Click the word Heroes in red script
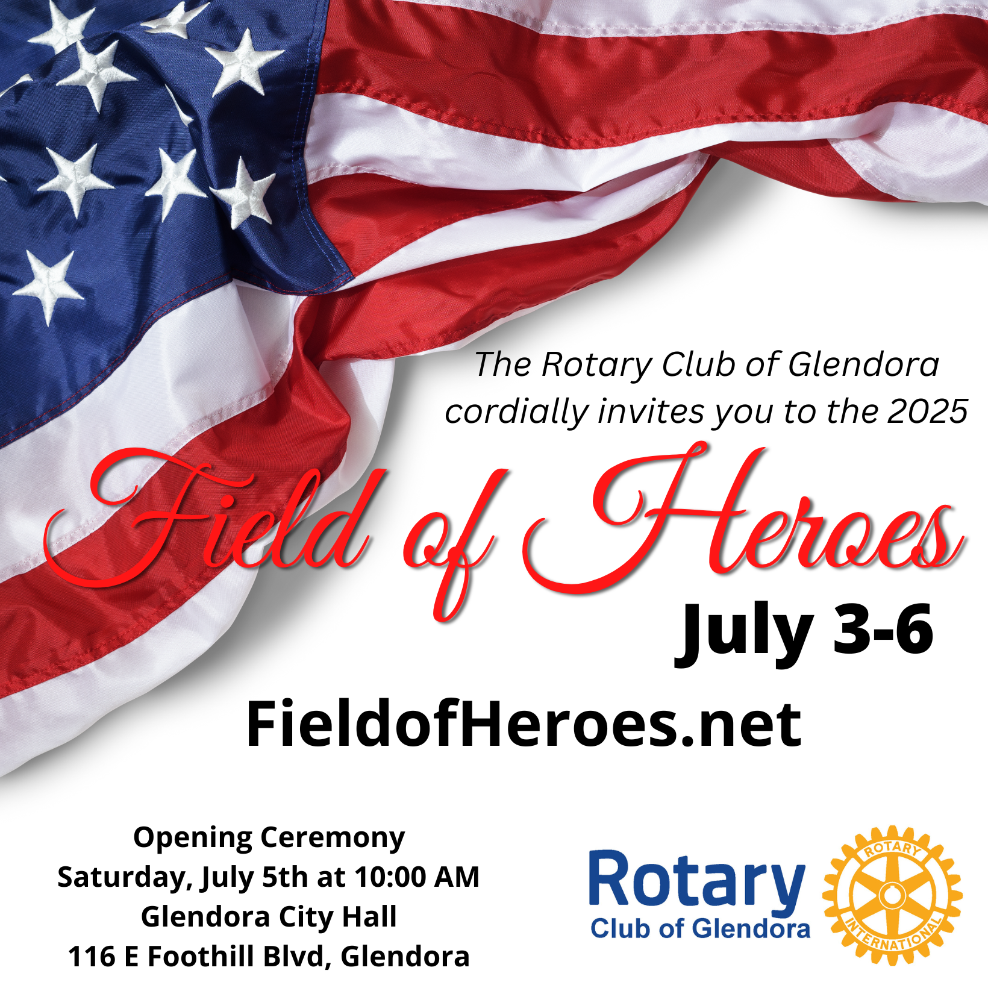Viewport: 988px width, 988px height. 744,518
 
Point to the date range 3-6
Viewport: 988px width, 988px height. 883,630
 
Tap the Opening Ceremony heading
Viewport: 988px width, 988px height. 269,839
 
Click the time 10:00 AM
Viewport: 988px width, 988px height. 417,877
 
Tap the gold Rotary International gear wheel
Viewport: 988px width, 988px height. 892,895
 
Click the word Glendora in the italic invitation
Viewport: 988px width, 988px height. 863,365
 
